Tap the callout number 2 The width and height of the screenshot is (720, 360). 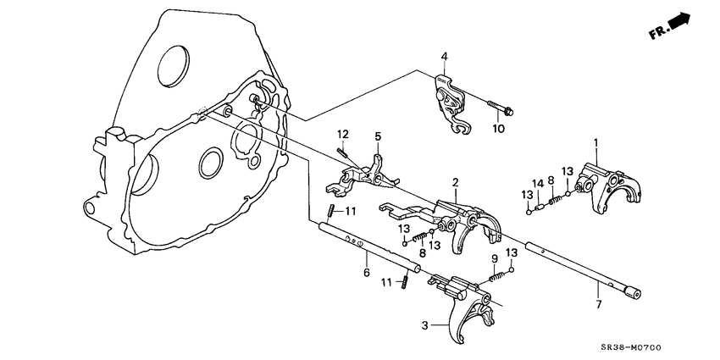pyautogui.click(x=455, y=183)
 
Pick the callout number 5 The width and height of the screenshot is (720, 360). pyautogui.click(x=378, y=136)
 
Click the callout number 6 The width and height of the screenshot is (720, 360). pyautogui.click(x=366, y=272)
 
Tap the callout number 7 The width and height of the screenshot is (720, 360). pyautogui.click(x=597, y=303)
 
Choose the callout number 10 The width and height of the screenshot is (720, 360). pyautogui.click(x=498, y=129)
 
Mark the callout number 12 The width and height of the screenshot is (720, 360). pyautogui.click(x=342, y=135)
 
